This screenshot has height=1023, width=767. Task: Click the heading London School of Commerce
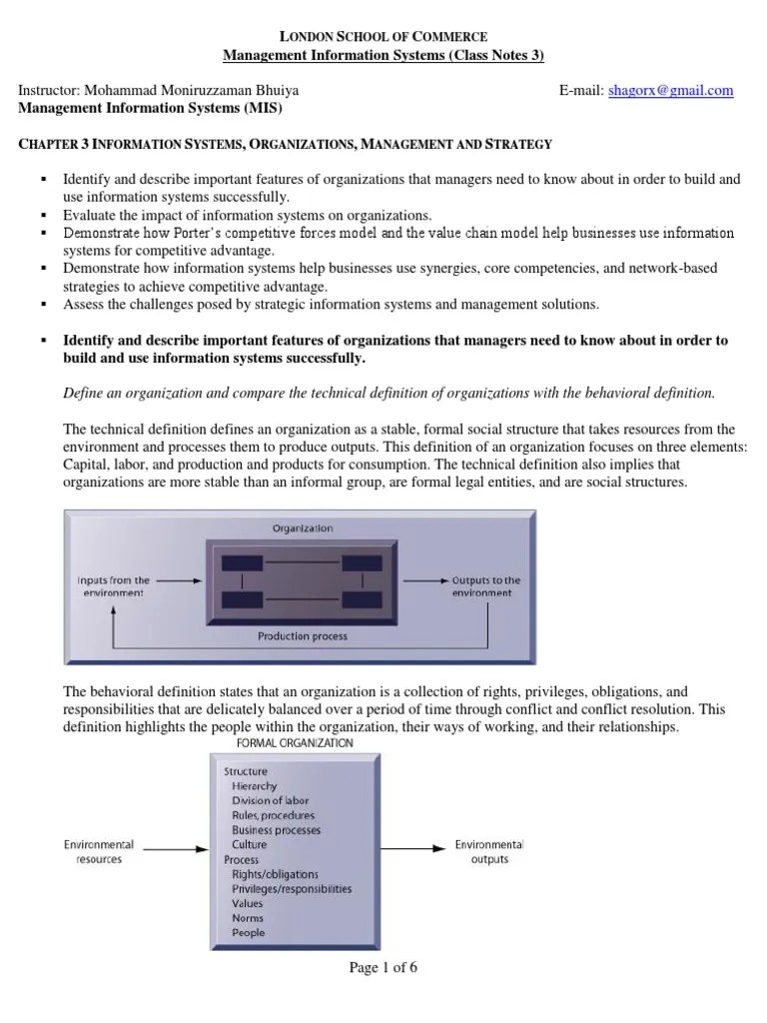tap(383, 36)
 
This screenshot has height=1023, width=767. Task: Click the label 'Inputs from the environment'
tap(114, 585)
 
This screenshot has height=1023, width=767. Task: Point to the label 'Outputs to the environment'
tap(486, 585)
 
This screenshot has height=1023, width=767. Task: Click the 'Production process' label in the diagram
tap(302, 635)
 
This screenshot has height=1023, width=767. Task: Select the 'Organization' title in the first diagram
tap(302, 527)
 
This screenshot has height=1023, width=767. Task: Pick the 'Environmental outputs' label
tap(488, 852)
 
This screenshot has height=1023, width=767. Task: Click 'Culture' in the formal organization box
tap(250, 844)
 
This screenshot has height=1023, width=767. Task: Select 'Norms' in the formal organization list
tap(248, 918)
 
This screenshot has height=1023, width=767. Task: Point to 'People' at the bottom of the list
tap(248, 933)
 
